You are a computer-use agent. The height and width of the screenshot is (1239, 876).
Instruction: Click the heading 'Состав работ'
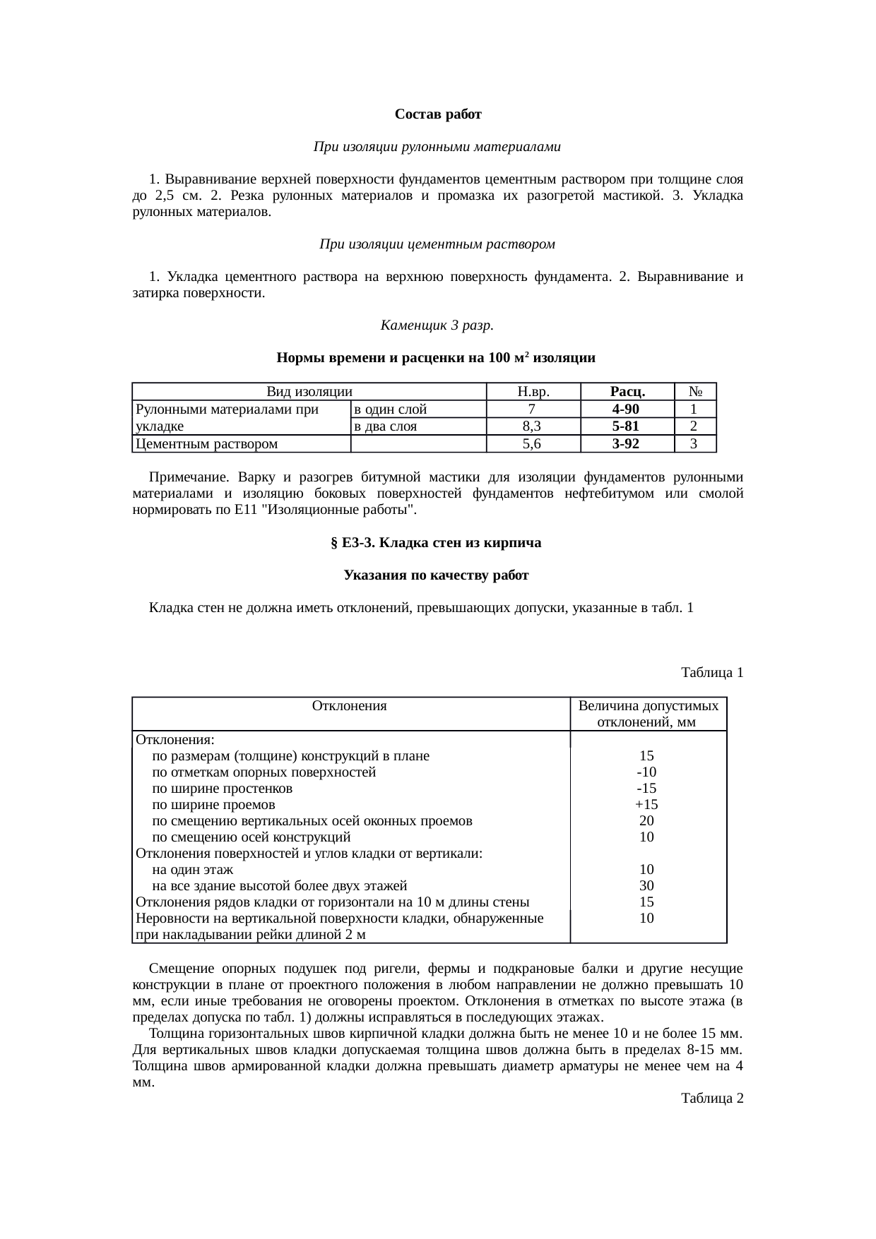pyautogui.click(x=437, y=114)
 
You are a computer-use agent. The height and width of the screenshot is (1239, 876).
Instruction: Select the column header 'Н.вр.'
pyautogui.click(x=533, y=392)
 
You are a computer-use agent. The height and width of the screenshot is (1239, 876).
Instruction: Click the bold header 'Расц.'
pyautogui.click(x=627, y=392)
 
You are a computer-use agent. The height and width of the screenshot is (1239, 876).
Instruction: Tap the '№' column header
pyautogui.click(x=695, y=392)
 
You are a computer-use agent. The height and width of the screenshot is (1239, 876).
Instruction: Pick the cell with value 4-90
pyautogui.click(x=627, y=409)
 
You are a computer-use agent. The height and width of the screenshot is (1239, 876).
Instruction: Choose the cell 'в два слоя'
pyautogui.click(x=385, y=426)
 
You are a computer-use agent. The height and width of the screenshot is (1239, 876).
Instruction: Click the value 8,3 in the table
pyautogui.click(x=533, y=426)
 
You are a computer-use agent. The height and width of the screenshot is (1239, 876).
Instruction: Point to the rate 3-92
pyautogui.click(x=627, y=443)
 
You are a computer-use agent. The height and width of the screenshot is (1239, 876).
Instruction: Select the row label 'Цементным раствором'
pyautogui.click(x=207, y=443)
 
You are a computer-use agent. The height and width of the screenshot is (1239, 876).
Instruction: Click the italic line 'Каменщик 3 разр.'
pyautogui.click(x=437, y=325)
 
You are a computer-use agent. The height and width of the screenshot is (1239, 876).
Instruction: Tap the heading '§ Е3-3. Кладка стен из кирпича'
pyautogui.click(x=437, y=542)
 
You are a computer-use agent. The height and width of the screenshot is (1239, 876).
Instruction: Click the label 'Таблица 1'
pyautogui.click(x=711, y=672)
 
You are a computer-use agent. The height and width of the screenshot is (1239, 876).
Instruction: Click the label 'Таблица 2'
pyautogui.click(x=711, y=1098)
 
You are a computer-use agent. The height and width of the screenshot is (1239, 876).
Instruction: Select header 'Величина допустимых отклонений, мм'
pyautogui.click(x=648, y=714)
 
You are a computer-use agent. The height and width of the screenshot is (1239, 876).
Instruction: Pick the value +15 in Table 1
pyautogui.click(x=646, y=804)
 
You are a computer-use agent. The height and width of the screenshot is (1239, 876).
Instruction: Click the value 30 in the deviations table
pyautogui.click(x=646, y=885)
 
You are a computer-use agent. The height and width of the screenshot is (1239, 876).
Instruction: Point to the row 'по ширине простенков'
pyautogui.click(x=223, y=788)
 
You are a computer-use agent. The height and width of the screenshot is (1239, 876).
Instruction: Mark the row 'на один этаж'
pyautogui.click(x=193, y=869)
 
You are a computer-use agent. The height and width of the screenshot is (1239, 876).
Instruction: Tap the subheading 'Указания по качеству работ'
pyautogui.click(x=437, y=575)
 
